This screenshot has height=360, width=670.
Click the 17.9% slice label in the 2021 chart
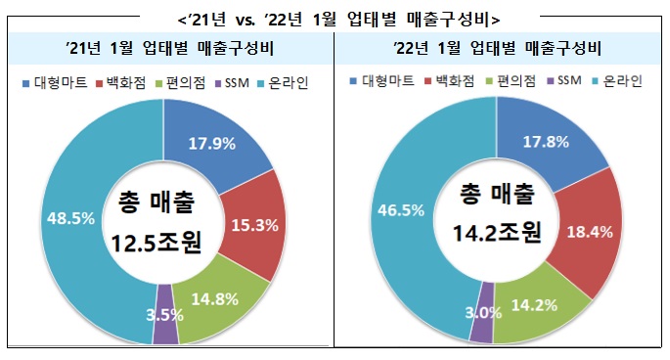point(212,144)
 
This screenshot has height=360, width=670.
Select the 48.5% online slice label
point(70,218)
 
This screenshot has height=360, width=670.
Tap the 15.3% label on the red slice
point(254,225)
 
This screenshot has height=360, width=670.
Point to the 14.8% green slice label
point(214,299)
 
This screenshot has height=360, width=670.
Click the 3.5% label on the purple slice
point(165,315)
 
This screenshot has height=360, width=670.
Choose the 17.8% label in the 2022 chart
point(546,142)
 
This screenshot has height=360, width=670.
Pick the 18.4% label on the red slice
point(590,232)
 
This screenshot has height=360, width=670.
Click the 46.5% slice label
point(401,210)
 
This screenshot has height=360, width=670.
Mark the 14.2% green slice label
point(534,305)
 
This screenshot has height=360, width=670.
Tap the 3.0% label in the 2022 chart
point(483,313)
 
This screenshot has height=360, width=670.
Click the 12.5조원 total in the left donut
point(156,244)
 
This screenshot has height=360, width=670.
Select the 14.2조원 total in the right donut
point(497,232)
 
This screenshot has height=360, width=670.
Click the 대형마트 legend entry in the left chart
point(55,82)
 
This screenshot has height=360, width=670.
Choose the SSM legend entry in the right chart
point(565,80)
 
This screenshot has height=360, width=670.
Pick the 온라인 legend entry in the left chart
point(284,82)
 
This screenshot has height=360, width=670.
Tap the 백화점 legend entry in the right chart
point(450,80)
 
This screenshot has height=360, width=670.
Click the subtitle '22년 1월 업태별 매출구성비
point(498,48)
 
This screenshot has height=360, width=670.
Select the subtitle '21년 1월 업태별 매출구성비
point(169,48)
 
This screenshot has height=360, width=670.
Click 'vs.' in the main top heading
point(245,21)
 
